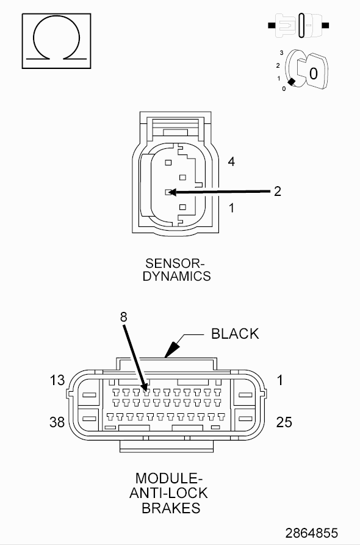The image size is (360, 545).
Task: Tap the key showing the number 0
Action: point(313,71)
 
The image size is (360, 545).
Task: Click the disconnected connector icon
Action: point(298,25)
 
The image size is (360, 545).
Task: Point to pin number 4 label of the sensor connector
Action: point(231,162)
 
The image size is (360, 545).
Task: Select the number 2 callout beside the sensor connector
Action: point(277,191)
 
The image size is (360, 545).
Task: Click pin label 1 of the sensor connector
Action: point(231,208)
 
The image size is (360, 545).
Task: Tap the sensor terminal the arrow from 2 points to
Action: point(168,192)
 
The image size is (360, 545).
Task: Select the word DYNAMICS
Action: point(176,276)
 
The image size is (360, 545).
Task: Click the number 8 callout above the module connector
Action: point(124,317)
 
